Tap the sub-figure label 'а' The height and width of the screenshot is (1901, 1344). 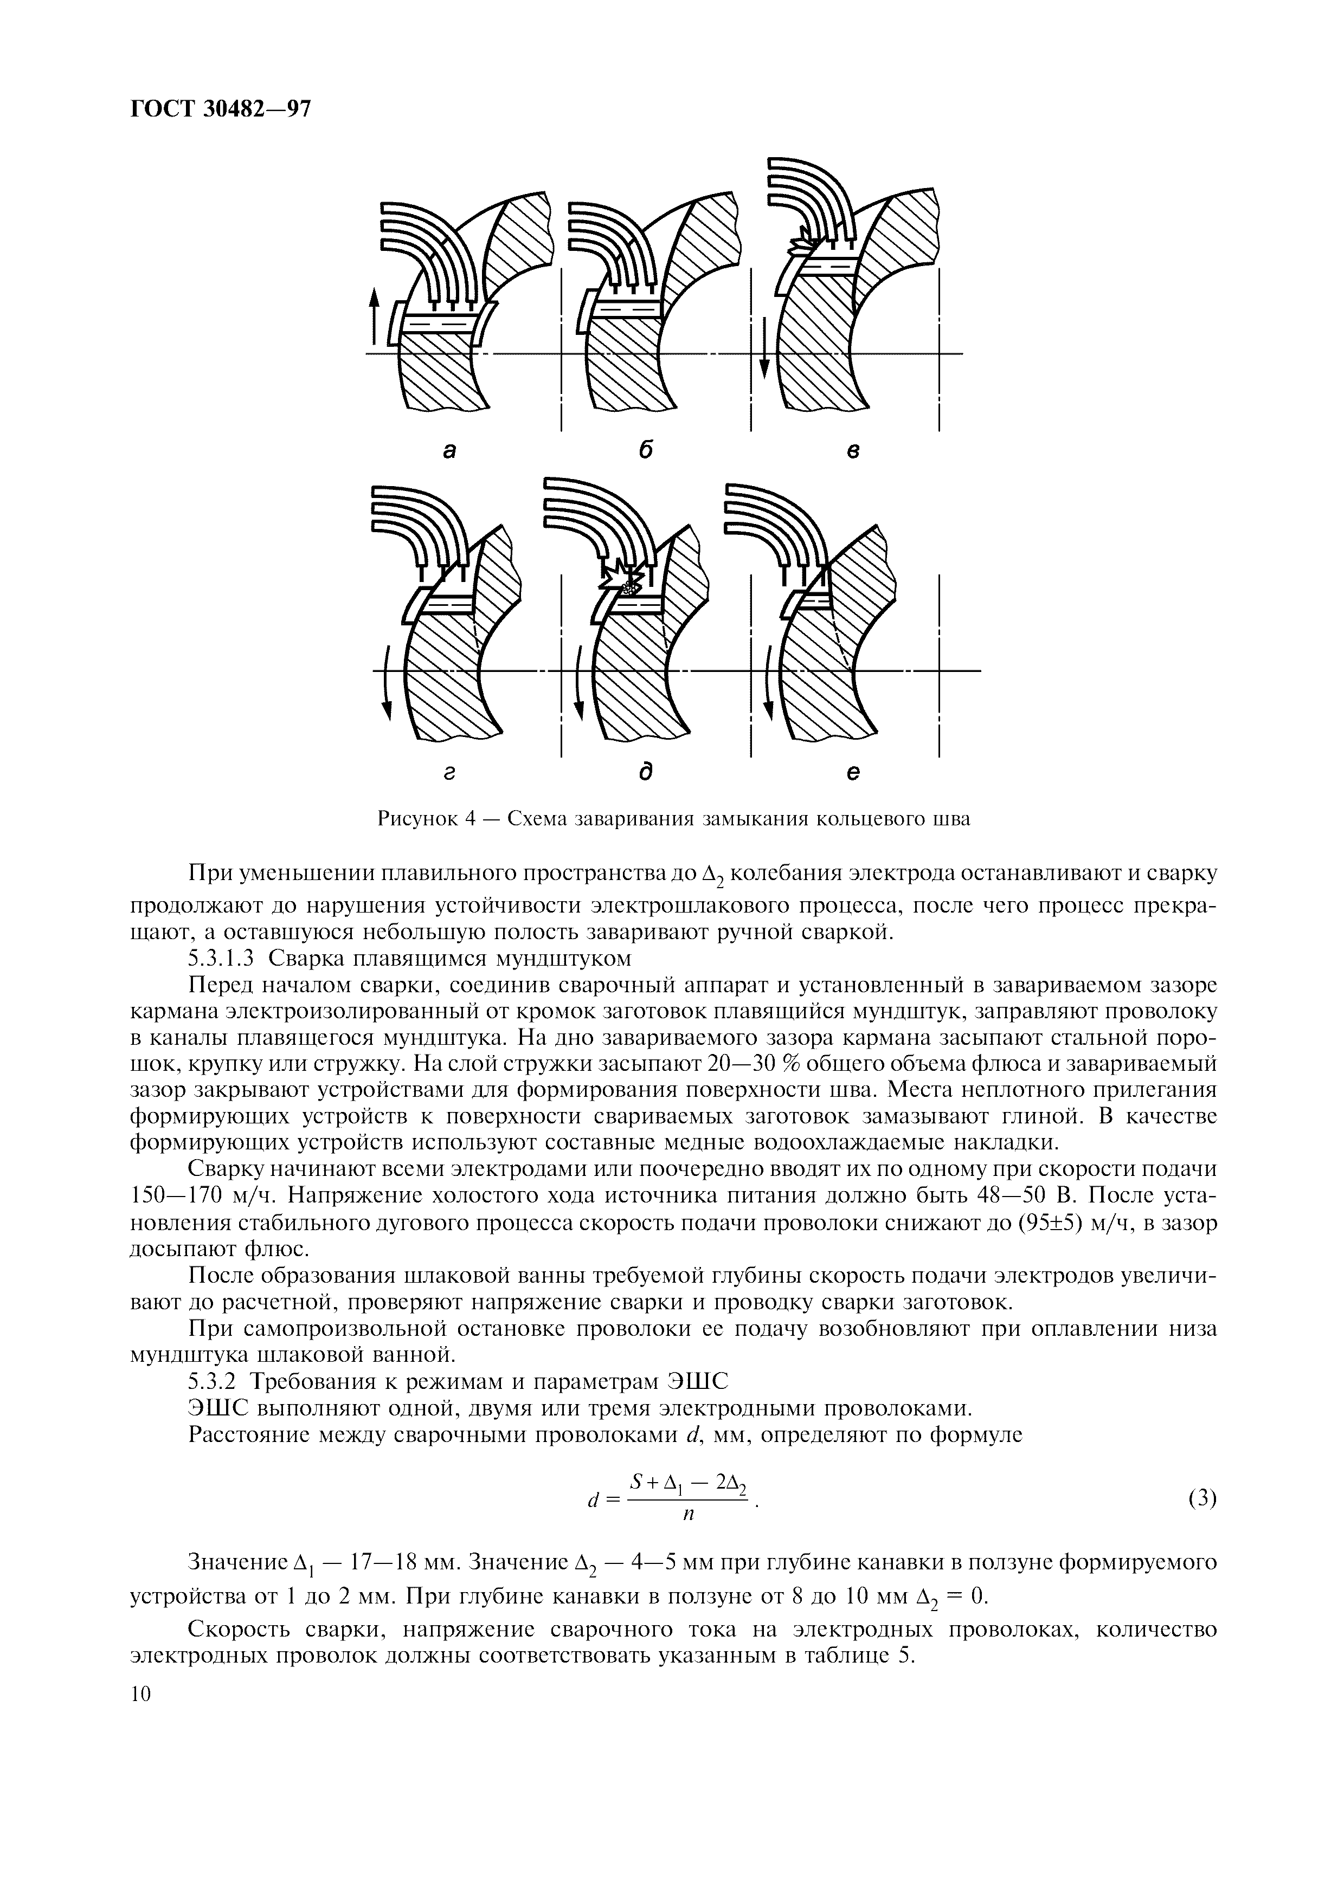point(449,451)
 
